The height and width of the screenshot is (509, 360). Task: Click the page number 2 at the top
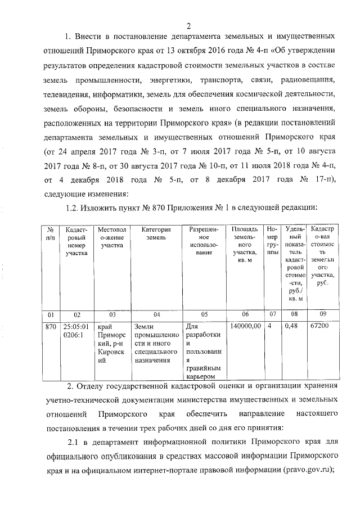tap(189, 25)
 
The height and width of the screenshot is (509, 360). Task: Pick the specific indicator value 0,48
tap(291, 326)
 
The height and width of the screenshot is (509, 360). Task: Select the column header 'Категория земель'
tap(156, 233)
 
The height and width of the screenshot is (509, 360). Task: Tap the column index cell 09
tap(322, 314)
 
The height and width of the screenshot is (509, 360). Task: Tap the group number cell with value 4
tap(270, 326)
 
